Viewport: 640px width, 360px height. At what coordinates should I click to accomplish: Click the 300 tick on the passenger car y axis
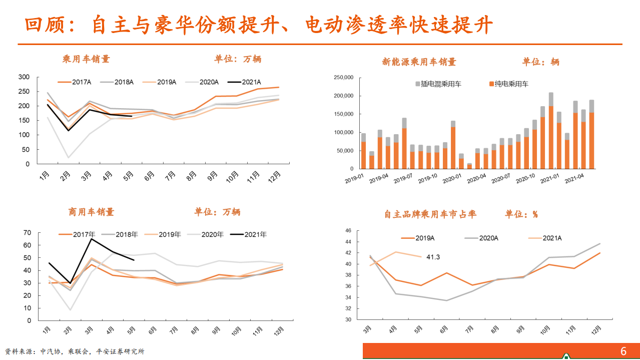click(24, 77)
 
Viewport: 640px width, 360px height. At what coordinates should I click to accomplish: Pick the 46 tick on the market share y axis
click(348, 231)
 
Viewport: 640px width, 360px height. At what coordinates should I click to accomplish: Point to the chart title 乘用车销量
click(86, 59)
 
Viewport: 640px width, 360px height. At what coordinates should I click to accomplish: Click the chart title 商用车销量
click(92, 212)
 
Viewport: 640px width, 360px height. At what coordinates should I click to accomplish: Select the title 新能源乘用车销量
click(419, 62)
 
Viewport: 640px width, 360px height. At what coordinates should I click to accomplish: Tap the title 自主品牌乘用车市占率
click(430, 214)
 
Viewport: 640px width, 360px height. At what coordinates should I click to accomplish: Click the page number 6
click(623, 351)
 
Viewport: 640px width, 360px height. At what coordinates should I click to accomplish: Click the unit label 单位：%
click(521, 214)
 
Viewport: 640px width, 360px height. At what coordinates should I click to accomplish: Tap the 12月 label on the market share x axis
click(597, 330)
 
